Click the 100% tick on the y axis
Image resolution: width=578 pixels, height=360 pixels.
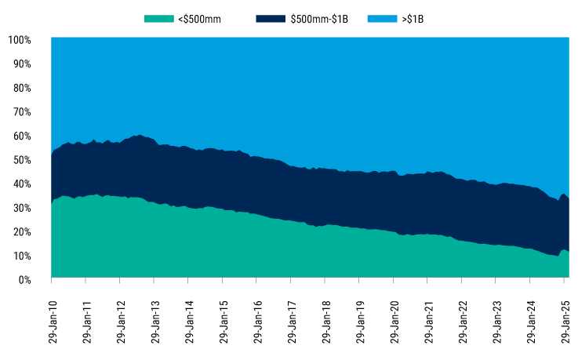[20, 39]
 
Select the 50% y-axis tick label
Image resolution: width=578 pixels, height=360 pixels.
[22, 160]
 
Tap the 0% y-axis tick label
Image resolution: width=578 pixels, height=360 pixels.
[24, 280]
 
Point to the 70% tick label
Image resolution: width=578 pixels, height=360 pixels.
[22, 111]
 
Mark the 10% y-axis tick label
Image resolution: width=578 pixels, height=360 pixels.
[22, 256]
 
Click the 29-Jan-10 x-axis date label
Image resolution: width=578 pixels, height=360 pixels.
[52, 321]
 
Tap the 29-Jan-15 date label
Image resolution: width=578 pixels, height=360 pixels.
[223, 321]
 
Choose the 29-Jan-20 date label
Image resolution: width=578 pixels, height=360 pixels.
[394, 321]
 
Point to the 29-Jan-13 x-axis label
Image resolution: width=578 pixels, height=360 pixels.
[154, 321]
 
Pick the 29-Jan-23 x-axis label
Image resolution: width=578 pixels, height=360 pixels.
[497, 321]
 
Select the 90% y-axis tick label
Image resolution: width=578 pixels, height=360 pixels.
[22, 64]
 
